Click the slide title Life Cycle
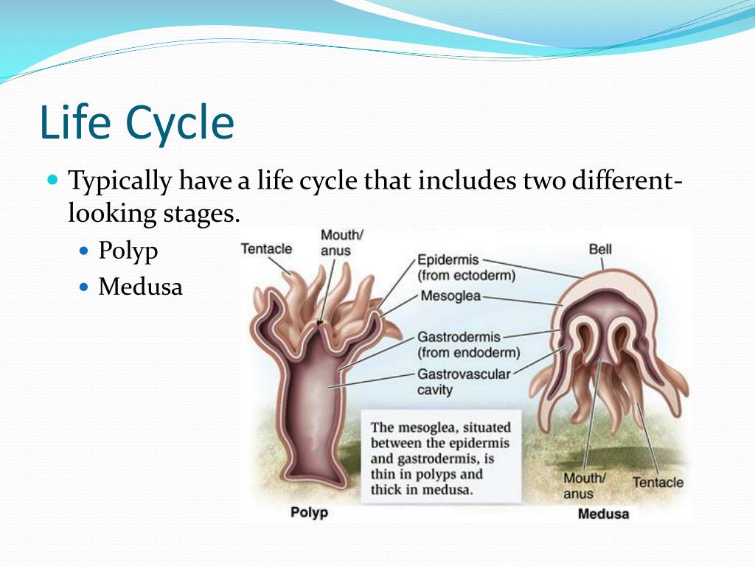click(136, 123)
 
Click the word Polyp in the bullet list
click(128, 251)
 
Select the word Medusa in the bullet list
click(141, 287)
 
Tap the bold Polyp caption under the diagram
click(309, 512)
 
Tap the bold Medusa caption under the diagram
click(603, 514)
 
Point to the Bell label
click(600, 249)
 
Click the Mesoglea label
click(450, 296)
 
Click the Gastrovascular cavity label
click(464, 382)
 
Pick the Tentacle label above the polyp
click(266, 249)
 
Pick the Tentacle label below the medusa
click(658, 482)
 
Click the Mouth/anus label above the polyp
click(342, 242)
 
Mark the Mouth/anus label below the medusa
click(585, 486)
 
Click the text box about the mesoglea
click(441, 457)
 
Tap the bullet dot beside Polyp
click(84, 251)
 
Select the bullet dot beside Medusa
click(84, 287)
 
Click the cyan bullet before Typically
click(52, 181)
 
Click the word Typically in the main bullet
click(120, 182)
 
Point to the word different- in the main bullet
click(627, 181)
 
